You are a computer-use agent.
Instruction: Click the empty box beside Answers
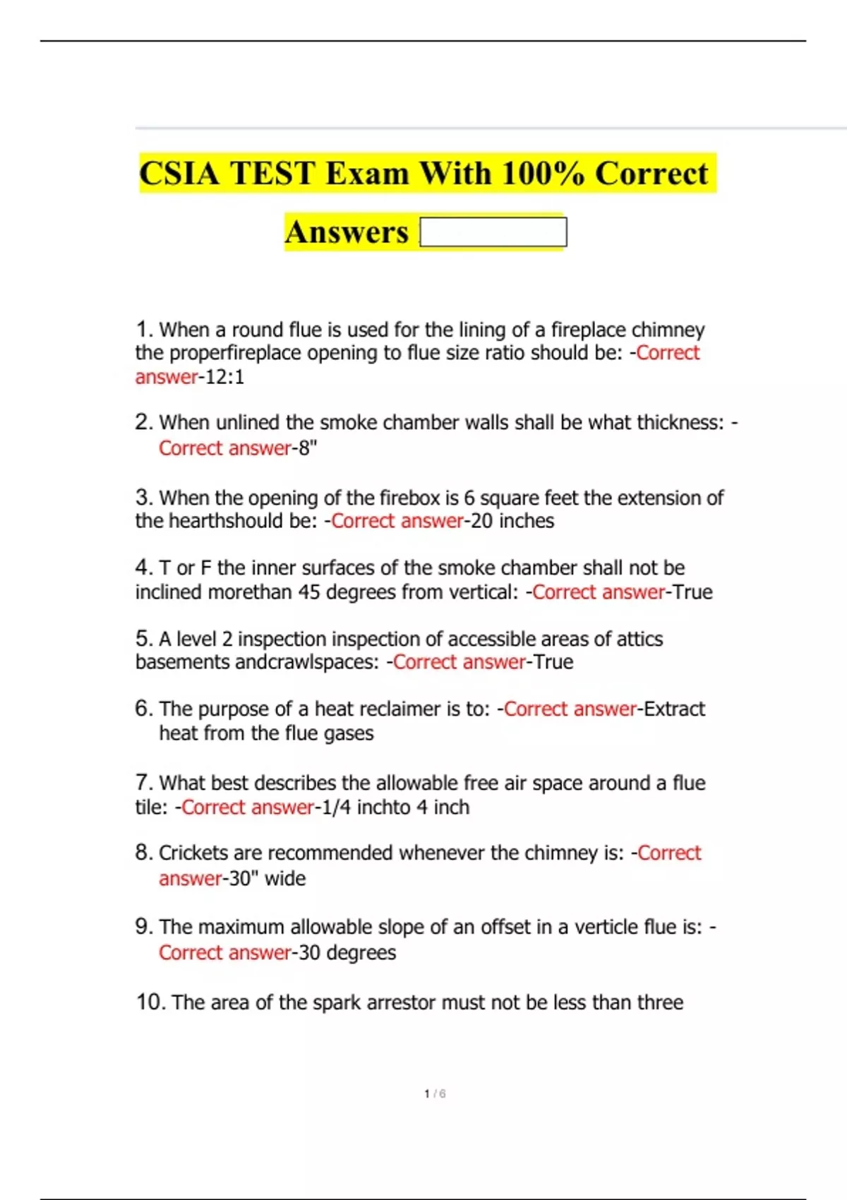coord(493,232)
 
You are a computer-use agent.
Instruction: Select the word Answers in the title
coord(347,232)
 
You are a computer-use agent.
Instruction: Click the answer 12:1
coord(224,377)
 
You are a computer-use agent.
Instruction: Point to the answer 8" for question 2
coord(307,448)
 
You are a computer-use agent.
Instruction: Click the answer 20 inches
coord(512,521)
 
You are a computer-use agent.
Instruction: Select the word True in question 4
coord(692,592)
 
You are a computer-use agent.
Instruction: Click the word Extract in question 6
coord(675,709)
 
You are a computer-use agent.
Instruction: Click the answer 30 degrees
coord(347,953)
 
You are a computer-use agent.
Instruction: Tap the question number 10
coord(150,1002)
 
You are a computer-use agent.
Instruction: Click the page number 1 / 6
coord(435,1094)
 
